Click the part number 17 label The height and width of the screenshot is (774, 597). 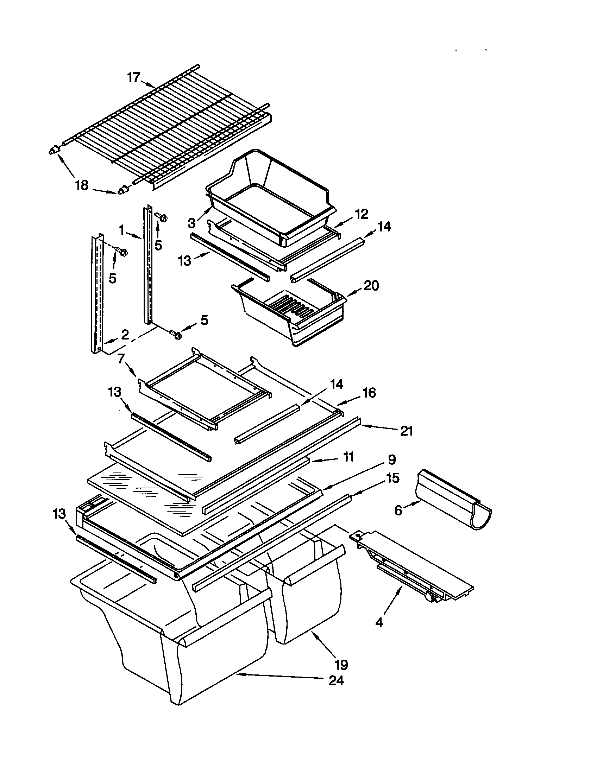[134, 77]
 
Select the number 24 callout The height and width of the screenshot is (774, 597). [336, 680]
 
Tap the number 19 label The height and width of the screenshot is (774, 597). [341, 665]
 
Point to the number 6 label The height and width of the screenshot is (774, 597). [398, 510]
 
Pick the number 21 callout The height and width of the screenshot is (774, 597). [407, 431]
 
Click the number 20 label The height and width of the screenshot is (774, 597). [371, 285]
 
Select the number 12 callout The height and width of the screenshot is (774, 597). [361, 214]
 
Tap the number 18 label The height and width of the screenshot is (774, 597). [82, 185]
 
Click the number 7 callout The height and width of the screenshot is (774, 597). [121, 359]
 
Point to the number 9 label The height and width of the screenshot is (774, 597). [391, 460]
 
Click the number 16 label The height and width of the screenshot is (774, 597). [369, 393]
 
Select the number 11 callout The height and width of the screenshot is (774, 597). [348, 457]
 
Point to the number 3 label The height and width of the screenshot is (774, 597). [191, 223]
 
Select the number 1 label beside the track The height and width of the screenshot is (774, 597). [121, 231]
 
